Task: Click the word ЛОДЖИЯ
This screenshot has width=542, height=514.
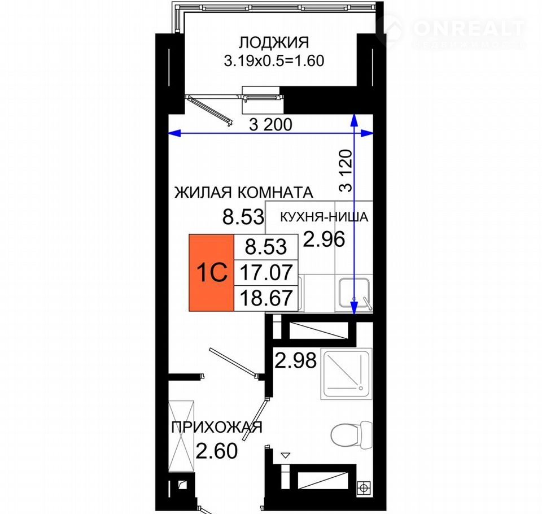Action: pos(274,42)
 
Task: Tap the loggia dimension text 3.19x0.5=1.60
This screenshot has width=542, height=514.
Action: pos(274,61)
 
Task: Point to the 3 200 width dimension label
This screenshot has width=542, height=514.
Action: pos(270,124)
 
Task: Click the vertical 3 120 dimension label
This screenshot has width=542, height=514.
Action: pos(346,171)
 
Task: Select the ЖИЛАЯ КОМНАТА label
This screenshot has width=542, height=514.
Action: pos(244,192)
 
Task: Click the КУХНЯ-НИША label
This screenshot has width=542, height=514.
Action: pos(324,217)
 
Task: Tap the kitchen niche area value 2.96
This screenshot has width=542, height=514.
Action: pos(324,239)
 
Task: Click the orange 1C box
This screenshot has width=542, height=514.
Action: pos(212,273)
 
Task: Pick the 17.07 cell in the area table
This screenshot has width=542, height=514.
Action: pos(266,272)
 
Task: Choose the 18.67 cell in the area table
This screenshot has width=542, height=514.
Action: pos(266,298)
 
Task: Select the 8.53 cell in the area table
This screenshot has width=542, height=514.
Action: pos(266,247)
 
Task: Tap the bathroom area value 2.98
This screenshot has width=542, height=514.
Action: pos(295,360)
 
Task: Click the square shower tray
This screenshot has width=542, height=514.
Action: pos(346,374)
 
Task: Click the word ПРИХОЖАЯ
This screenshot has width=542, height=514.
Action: pos(217,428)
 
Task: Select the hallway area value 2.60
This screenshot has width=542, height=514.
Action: pos(217,451)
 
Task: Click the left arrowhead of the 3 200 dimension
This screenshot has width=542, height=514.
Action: pos(174,133)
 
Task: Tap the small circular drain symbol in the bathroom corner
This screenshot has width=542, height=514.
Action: pos(364,487)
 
